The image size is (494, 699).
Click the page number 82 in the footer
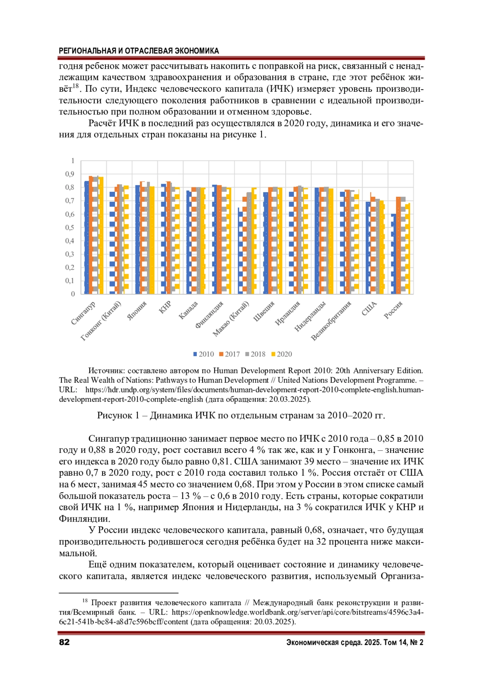(x=64, y=643)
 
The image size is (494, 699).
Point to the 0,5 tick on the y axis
(x=70, y=228)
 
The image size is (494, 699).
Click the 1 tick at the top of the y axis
(x=73, y=161)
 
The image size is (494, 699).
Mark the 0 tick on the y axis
(x=73, y=294)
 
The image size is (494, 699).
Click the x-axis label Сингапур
(x=84, y=313)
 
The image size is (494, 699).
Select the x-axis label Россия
(x=393, y=310)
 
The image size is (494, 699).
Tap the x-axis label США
(x=369, y=308)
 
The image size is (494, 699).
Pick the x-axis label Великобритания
(x=332, y=321)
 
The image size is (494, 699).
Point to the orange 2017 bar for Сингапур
(x=91, y=235)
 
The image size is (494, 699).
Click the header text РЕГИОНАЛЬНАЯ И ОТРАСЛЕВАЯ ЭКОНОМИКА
(x=139, y=51)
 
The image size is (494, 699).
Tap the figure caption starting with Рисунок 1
(x=241, y=415)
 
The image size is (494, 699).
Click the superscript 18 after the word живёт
(x=75, y=86)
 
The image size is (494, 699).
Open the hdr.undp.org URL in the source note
(x=254, y=390)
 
